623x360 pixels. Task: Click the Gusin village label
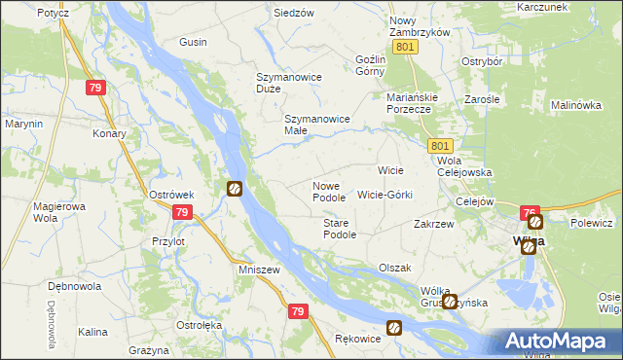pos(193,43)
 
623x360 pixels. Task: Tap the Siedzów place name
pos(293,13)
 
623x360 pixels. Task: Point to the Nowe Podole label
pos(328,192)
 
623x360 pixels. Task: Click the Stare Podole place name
pos(340,229)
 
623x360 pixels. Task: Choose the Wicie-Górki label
pos(385,195)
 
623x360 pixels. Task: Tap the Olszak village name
pos(395,268)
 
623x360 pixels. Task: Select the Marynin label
pos(23,124)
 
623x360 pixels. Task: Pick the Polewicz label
pos(591,223)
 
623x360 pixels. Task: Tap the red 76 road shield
pos(530,213)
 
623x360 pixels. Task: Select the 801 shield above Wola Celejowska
pos(438,145)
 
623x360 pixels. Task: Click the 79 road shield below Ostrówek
pos(181,212)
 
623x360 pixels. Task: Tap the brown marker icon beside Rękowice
pos(394,328)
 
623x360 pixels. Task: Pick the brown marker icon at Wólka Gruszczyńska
pos(450,302)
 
